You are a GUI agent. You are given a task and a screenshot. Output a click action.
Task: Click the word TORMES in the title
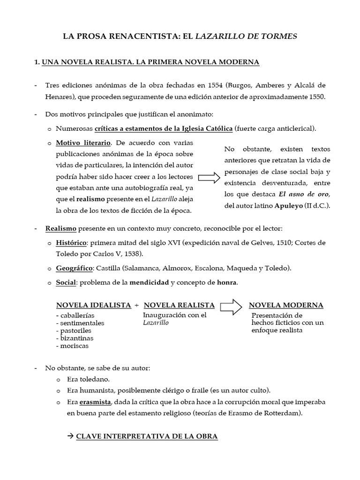(x=279, y=36)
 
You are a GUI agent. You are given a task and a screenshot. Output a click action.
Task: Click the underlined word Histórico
(x=71, y=243)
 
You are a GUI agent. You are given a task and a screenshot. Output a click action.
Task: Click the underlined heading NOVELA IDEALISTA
(x=93, y=305)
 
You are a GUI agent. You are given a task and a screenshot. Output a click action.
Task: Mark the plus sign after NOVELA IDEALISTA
(x=136, y=305)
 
